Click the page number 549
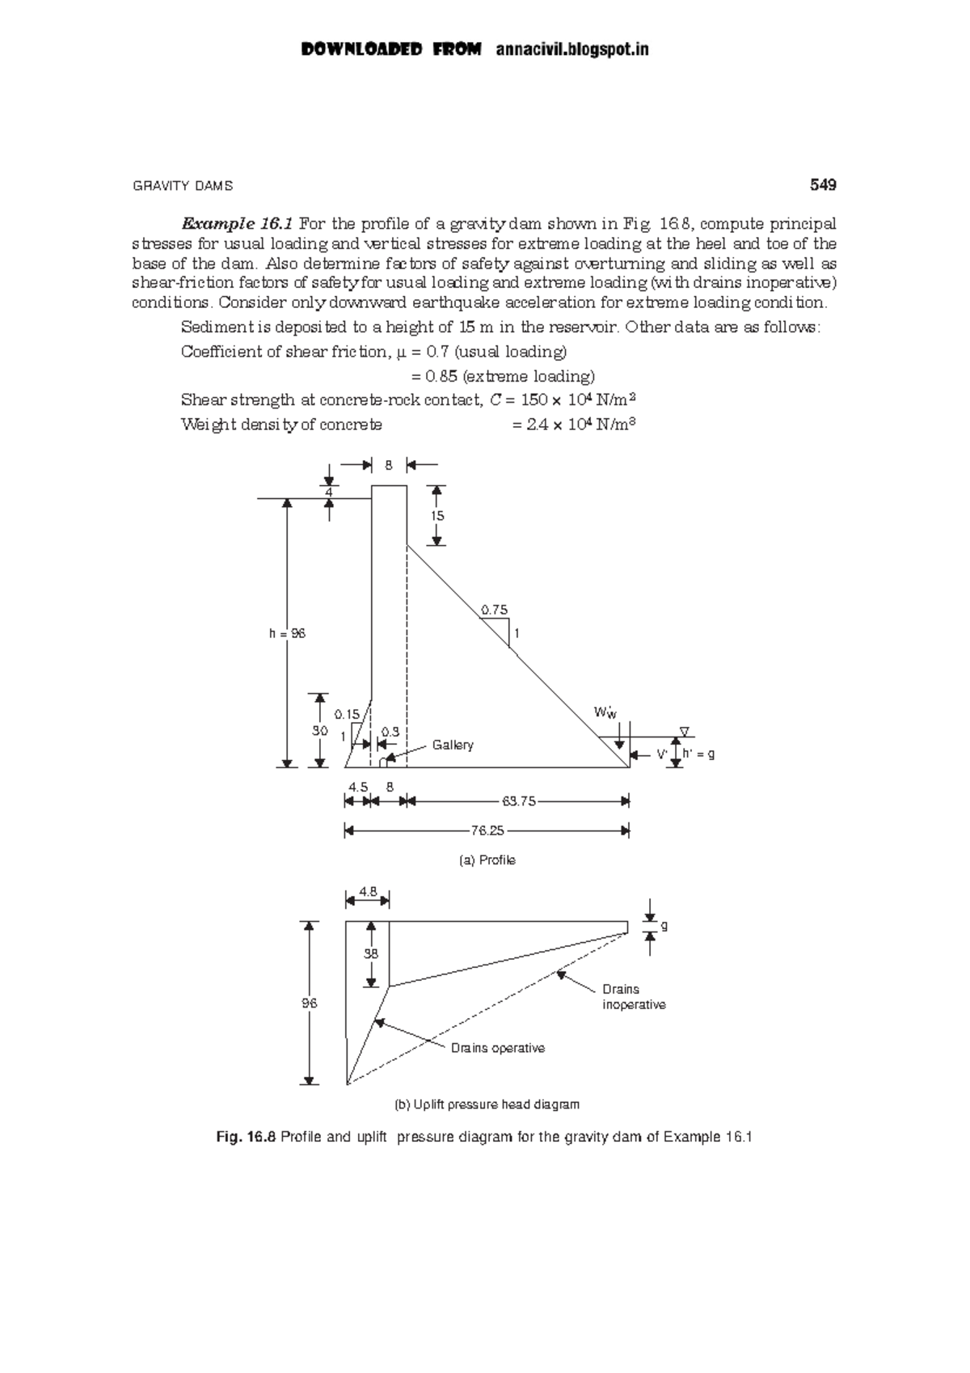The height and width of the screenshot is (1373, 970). (x=822, y=185)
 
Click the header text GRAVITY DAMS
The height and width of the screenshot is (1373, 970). (x=182, y=186)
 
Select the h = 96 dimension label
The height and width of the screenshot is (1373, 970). (x=287, y=634)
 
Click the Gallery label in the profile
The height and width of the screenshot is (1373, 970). (x=453, y=745)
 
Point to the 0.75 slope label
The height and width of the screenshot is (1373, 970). (x=495, y=610)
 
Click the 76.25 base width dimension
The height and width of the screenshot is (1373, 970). (x=487, y=830)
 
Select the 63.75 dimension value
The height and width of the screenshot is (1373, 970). (x=518, y=801)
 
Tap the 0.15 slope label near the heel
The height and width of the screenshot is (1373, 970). (x=347, y=714)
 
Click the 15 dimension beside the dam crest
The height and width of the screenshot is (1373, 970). (x=436, y=516)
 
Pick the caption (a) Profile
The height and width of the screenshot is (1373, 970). (x=487, y=860)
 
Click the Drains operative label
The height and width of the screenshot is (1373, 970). (x=497, y=1048)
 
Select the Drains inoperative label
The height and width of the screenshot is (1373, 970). (x=633, y=997)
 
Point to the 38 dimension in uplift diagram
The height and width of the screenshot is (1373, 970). (x=370, y=953)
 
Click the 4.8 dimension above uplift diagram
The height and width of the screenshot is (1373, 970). (x=368, y=891)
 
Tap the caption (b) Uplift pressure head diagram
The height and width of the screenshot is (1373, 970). (x=487, y=1105)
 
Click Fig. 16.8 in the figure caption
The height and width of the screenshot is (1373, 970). (x=246, y=1137)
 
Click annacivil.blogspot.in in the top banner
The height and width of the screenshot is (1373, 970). (x=572, y=50)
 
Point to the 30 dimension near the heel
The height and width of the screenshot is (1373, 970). (x=320, y=730)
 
